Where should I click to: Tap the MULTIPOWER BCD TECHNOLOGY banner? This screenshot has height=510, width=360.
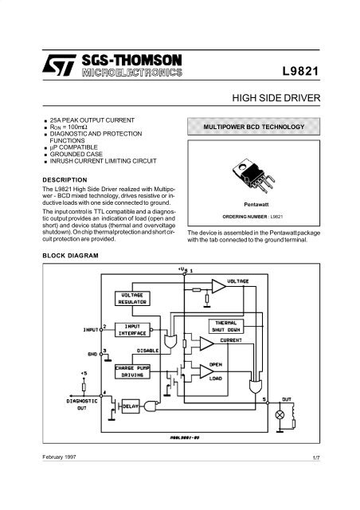[x=252, y=127]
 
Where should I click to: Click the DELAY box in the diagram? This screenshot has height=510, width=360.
[x=131, y=406]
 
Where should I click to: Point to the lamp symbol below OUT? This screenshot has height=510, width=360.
[x=280, y=415]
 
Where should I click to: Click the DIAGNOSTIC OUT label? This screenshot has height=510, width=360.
[x=81, y=405]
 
